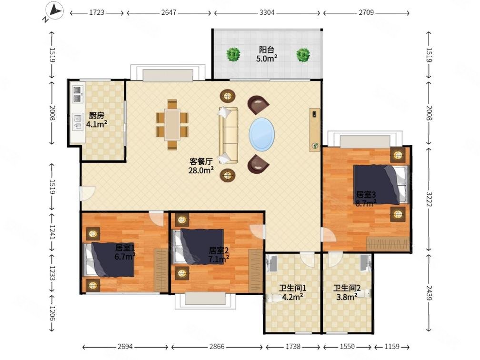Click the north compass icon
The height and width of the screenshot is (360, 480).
tap(54, 12)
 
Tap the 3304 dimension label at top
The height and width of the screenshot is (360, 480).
tap(267, 12)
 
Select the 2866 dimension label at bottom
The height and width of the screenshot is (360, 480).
tap(217, 347)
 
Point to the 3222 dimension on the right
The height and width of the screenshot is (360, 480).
tap(429, 199)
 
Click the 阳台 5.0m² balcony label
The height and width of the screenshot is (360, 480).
tap(267, 54)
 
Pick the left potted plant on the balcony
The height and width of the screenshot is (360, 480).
tap(233, 54)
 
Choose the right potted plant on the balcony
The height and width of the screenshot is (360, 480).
tap(303, 55)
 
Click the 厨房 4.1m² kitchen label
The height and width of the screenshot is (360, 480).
tap(96, 120)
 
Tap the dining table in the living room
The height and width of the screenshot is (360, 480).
tap(172, 125)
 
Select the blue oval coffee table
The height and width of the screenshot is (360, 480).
tap(262, 134)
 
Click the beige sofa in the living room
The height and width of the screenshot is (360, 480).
tap(229, 135)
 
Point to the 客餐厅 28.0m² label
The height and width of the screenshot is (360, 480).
tap(201, 166)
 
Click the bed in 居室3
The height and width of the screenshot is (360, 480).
tap(381, 184)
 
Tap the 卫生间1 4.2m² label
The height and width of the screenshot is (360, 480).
tap(293, 292)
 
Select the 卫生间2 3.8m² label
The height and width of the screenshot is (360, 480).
tap(347, 292)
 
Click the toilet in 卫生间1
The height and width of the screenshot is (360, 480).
tap(273, 298)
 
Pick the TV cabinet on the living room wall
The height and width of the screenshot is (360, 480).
tap(315, 130)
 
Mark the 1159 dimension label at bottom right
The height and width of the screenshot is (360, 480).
tap(392, 347)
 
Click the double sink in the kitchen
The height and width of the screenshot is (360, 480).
tap(78, 94)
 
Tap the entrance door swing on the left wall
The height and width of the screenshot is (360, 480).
tap(87, 193)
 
